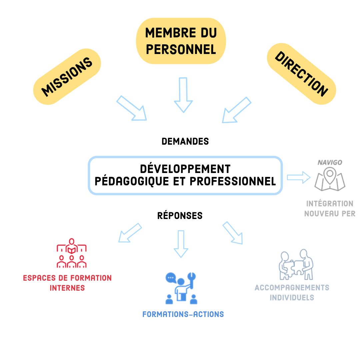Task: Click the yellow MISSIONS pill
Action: tap(67, 77)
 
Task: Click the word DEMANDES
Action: tap(185, 141)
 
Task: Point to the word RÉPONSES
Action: tap(180, 216)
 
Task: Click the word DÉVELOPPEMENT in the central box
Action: tap(185, 169)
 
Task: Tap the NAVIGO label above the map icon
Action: tap(330, 163)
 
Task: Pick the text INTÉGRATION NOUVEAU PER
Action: tap(330, 208)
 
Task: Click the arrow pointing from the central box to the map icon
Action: tap(298, 177)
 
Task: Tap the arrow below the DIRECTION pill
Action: tap(236, 110)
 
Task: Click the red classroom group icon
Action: tap(72, 253)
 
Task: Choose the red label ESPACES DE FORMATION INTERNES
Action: tap(67, 283)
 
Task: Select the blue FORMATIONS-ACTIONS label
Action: tap(183, 314)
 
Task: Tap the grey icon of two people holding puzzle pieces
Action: tap(296, 265)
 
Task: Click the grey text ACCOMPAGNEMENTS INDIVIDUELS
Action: tap(292, 292)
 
